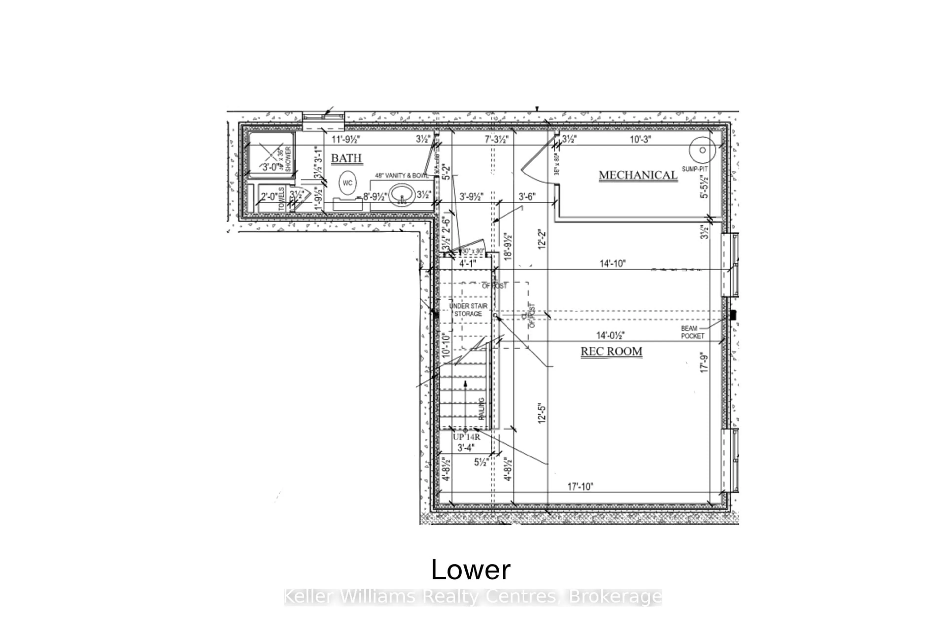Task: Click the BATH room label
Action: coord(346,158)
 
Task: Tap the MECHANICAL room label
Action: coord(638,175)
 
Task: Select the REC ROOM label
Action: coord(611,351)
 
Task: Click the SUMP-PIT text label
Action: coord(695,169)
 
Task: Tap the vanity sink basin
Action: coord(402,195)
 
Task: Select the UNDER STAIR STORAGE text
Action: coord(468,310)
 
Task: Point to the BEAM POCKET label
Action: coord(692,332)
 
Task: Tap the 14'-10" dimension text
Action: coord(613,263)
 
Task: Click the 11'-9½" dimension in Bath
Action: coord(345,140)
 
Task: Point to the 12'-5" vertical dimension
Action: coord(542,413)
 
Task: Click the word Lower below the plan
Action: coord(471,570)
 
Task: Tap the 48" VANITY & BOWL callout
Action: coord(401,176)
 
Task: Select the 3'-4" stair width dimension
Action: coord(466,448)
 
